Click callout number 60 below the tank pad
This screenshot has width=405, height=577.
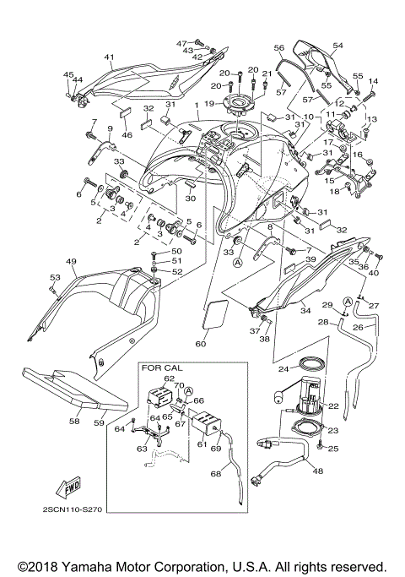click(x=201, y=344)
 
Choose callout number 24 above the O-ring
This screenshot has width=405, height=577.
click(x=284, y=368)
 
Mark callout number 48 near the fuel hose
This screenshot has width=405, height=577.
click(x=317, y=471)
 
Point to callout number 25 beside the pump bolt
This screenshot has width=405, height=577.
click(x=332, y=448)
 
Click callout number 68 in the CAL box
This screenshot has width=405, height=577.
click(x=216, y=474)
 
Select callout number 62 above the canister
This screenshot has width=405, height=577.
click(x=169, y=379)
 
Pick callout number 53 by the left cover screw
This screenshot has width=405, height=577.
click(x=54, y=277)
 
